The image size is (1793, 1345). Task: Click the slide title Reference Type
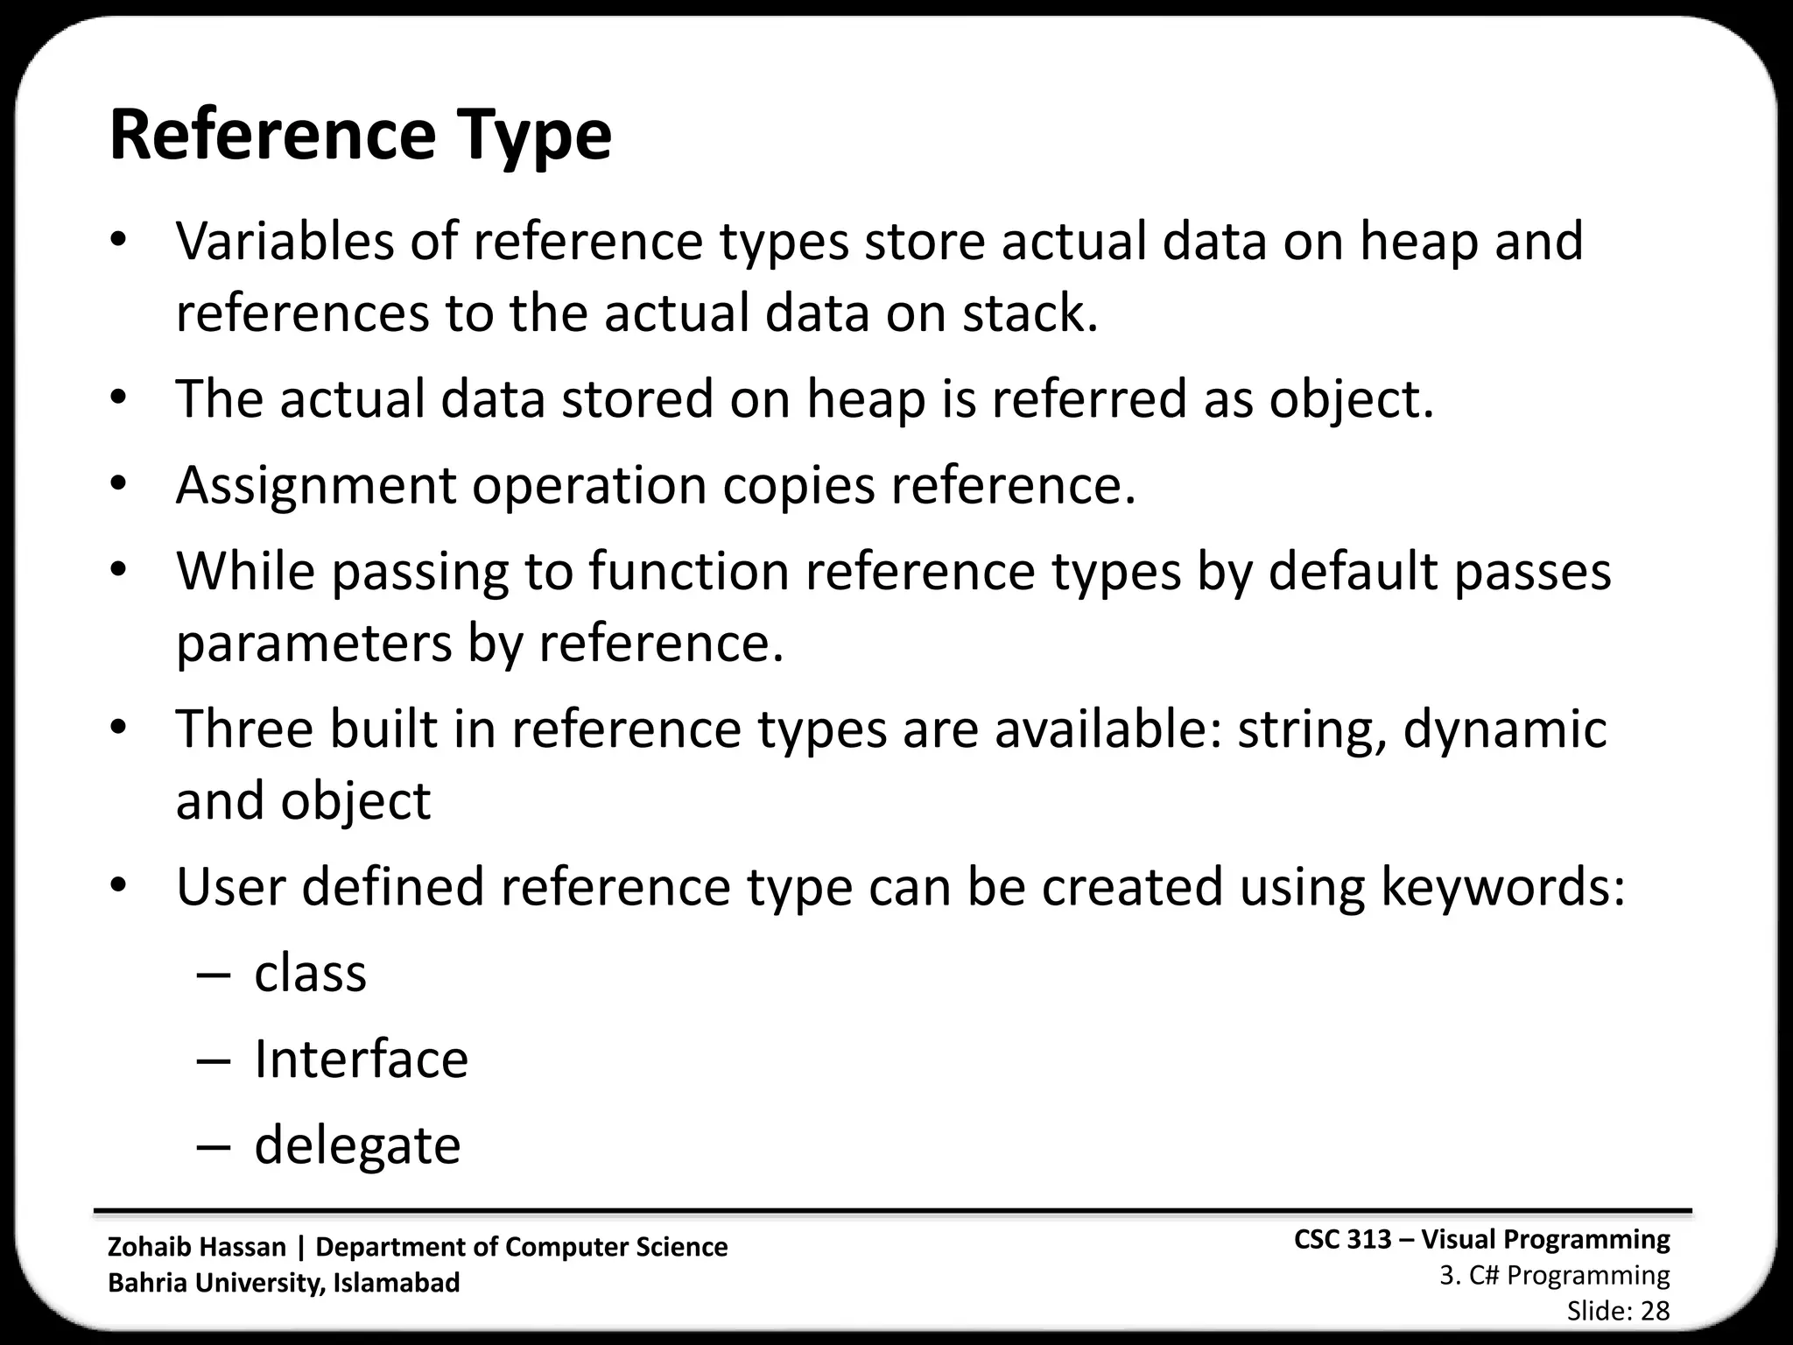point(360,137)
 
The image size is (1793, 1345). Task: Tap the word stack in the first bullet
point(1030,313)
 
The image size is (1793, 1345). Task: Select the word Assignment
point(316,486)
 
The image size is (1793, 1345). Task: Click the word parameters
point(313,644)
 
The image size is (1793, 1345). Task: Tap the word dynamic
point(1505,729)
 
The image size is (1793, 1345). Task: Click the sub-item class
point(310,973)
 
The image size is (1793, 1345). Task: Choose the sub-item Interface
point(361,1059)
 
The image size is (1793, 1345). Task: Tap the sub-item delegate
point(357,1145)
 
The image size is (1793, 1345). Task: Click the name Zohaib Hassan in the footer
point(197,1247)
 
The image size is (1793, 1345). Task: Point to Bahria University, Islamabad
point(284,1283)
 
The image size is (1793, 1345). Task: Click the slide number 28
point(1655,1311)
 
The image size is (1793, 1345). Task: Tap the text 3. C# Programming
point(1555,1276)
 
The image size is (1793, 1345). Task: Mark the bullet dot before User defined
point(119,885)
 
